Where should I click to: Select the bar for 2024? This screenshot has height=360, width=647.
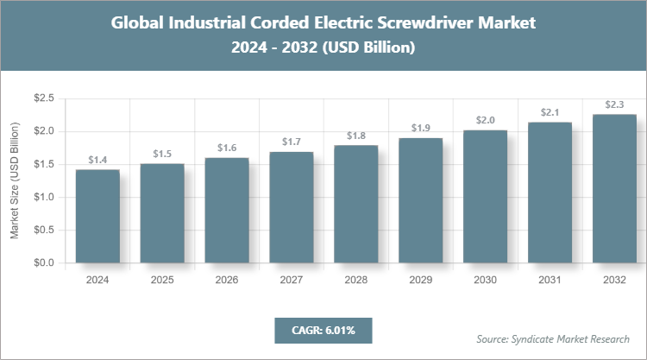[x=97, y=216]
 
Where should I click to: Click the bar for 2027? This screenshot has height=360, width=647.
[x=292, y=207]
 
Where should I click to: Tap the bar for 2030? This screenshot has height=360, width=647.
[x=486, y=196]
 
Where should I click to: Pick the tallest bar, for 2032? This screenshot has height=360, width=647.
[x=615, y=188]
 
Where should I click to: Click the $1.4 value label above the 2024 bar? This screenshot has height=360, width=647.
[x=97, y=161]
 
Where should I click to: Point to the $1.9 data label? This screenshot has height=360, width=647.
[x=421, y=129]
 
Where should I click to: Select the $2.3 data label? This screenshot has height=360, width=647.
[x=615, y=104]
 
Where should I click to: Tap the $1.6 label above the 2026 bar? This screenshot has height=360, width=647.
[x=227, y=148]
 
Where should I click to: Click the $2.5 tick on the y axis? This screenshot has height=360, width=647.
[x=43, y=99]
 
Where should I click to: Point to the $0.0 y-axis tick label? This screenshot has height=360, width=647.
[x=43, y=262]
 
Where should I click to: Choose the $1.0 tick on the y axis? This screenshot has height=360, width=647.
[x=43, y=197]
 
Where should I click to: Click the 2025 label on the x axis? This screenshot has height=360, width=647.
[x=162, y=280]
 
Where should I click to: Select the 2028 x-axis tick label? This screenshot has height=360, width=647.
[x=356, y=280]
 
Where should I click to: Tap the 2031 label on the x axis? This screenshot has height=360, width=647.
[x=550, y=280]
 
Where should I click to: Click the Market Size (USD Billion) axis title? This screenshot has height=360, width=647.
[x=15, y=181]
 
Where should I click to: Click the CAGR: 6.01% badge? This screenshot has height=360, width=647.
[x=323, y=330]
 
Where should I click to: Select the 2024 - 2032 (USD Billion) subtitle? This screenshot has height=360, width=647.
[x=323, y=47]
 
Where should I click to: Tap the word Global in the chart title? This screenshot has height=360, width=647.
[x=140, y=23]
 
